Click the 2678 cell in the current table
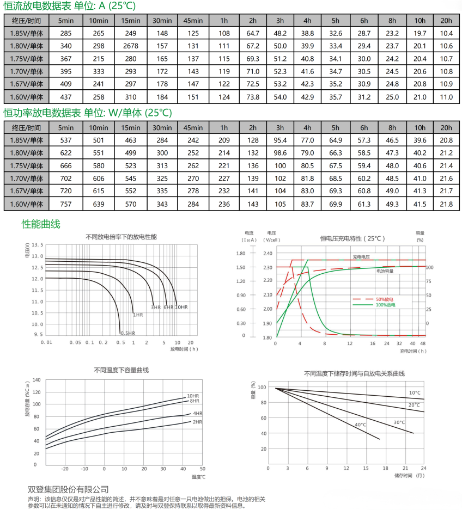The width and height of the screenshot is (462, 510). tap(130, 46)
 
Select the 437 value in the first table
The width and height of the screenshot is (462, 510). tap(66, 97)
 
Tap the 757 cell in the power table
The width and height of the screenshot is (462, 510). tap(66, 204)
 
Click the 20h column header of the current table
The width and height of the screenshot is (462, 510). tap(446, 21)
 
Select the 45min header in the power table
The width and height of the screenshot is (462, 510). tap(193, 127)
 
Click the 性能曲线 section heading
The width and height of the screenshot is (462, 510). tap(41, 224)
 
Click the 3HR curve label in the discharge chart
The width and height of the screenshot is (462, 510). tap(156, 308)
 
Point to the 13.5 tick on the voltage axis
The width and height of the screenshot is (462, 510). tap(37, 244)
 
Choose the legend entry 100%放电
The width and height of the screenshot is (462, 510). tap(385, 305)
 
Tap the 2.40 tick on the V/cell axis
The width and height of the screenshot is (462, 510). tap(266, 254)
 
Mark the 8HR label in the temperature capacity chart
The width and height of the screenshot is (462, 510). tap(194, 401)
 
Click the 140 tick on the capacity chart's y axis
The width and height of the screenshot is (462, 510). tap(37, 379)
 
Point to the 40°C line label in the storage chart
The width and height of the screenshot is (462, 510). tap(360, 425)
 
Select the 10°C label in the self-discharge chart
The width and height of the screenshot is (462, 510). tap(415, 392)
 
